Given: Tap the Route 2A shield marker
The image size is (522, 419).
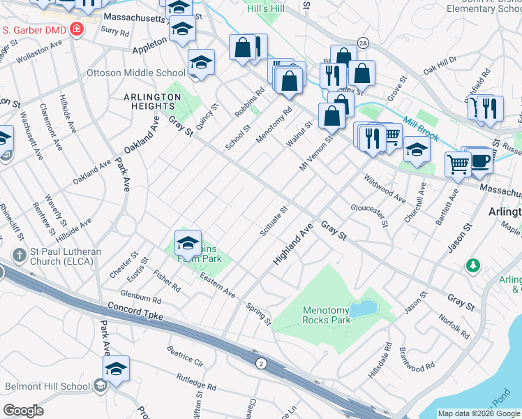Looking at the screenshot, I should point(362,43).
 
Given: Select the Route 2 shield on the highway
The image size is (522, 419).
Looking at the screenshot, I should point(261,363).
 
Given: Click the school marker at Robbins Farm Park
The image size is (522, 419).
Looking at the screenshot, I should point(188,244).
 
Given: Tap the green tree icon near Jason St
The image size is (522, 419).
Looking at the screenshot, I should point(474,265).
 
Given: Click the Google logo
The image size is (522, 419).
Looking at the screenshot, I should point(23,411).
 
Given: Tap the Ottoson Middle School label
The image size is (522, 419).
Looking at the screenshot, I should point(135,73).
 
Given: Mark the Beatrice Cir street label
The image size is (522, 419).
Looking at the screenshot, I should point(184,355).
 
